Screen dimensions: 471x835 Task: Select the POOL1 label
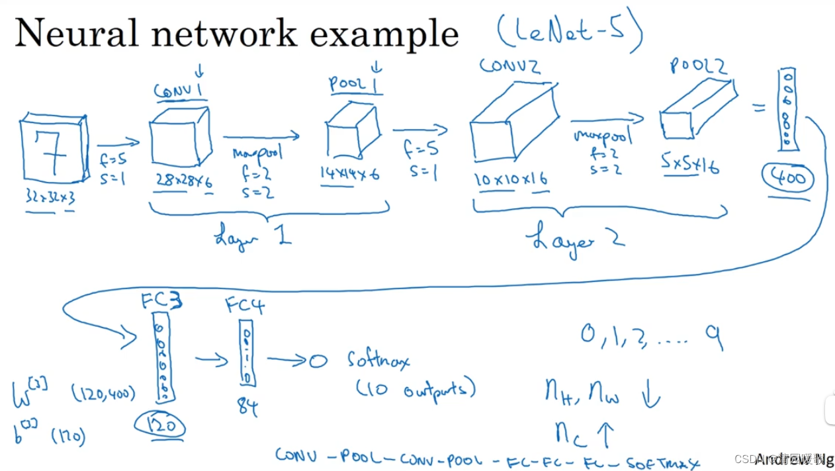coord(355,84)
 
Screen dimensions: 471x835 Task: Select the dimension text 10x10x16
coord(510,179)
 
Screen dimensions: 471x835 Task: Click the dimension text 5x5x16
coord(689,165)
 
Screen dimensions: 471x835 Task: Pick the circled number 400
coord(787,177)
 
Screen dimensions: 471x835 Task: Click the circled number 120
coord(159,425)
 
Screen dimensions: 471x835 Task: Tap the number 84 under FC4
coord(247,406)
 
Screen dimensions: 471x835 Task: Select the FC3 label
coord(160,301)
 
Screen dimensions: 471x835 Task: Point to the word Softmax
coord(378,360)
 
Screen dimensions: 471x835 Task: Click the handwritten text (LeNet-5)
coord(570,31)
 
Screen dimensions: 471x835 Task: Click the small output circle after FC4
coord(318,361)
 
